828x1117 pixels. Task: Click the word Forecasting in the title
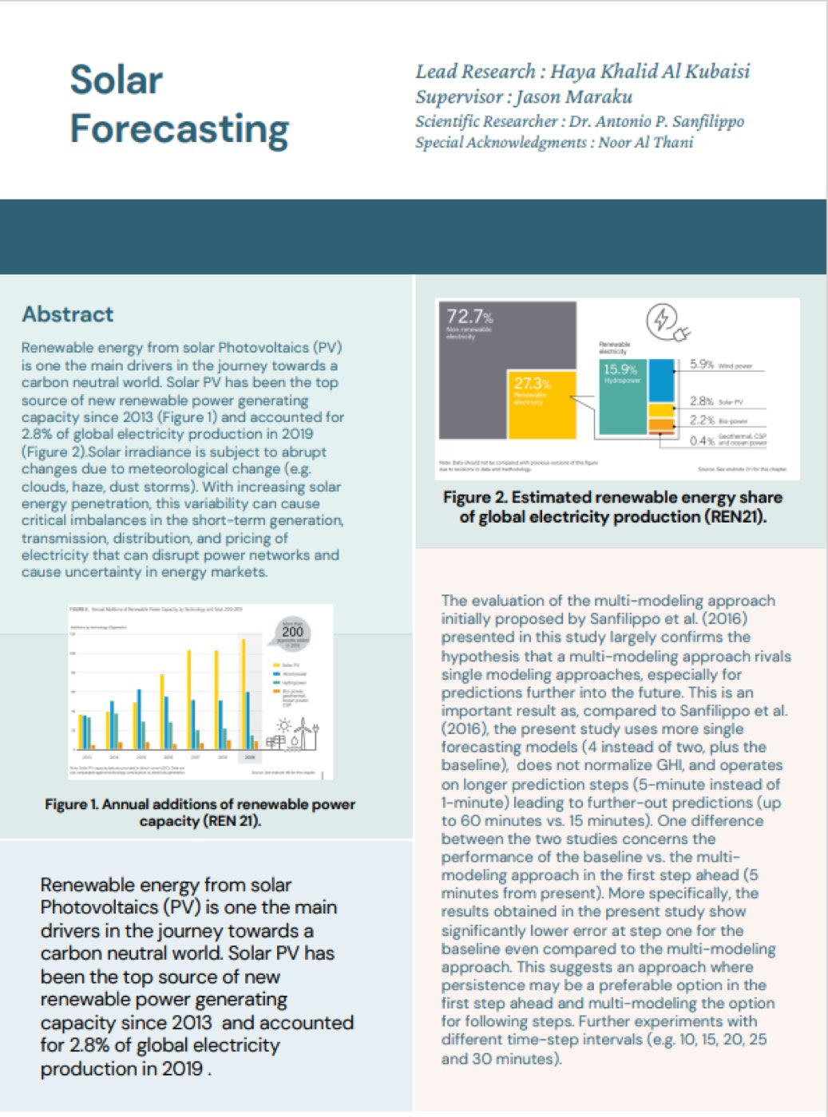click(179, 129)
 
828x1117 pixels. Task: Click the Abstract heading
click(68, 314)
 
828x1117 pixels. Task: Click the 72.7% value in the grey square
click(469, 317)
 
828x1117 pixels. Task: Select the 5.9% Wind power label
click(702, 365)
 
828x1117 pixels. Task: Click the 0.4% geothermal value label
click(702, 440)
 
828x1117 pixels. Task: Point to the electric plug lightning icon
click(666, 322)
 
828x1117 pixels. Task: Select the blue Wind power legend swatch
click(276, 673)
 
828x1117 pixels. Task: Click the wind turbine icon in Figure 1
click(303, 732)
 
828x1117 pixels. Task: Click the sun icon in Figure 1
click(283, 725)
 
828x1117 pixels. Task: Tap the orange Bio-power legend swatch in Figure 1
click(276, 692)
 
